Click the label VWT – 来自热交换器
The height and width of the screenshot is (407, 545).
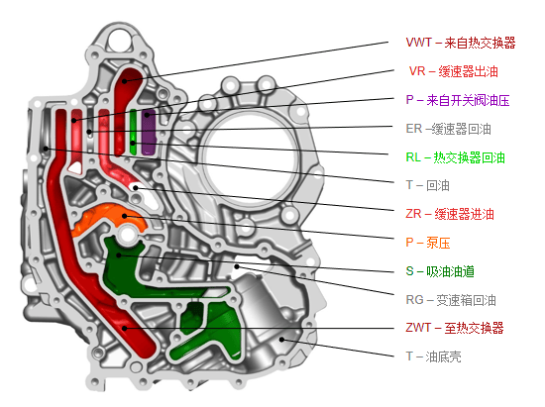(460, 43)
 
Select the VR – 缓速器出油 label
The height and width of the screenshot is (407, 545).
(454, 71)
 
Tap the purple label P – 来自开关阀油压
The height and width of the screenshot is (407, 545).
(458, 100)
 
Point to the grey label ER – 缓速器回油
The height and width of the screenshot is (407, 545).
(448, 129)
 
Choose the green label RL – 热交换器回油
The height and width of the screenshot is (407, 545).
(456, 157)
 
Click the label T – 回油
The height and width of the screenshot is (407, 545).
(427, 185)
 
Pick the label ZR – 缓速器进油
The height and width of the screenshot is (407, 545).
(450, 214)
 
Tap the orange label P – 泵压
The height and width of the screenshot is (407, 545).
(427, 243)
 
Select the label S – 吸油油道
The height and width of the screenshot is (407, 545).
(440, 271)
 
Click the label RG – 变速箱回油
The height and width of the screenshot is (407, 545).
(451, 300)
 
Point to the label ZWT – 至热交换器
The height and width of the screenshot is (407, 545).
(455, 328)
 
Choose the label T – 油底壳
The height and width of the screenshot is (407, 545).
(433, 356)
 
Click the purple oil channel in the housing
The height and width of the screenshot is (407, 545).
(149, 132)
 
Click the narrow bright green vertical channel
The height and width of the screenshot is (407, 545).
(133, 132)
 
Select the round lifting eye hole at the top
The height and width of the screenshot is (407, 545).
(119, 41)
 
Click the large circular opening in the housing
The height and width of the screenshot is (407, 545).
(250, 155)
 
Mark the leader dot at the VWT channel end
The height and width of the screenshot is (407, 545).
(124, 81)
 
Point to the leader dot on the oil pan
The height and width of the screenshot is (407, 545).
(281, 340)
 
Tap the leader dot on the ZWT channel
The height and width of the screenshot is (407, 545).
(124, 328)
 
